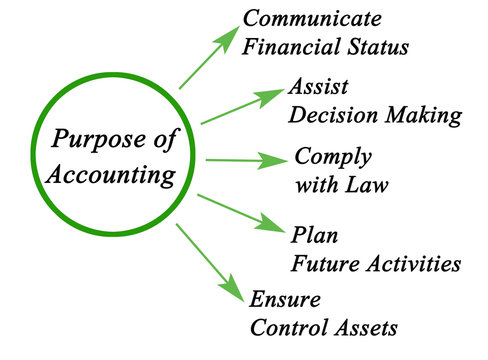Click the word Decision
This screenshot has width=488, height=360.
point(331,115)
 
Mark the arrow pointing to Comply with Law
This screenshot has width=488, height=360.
point(244,160)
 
